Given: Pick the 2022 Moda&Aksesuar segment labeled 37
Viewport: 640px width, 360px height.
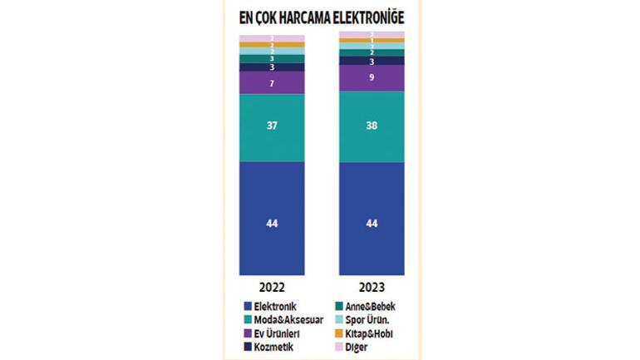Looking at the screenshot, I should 272,127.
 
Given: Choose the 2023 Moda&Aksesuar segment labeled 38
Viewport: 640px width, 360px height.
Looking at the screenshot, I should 372,126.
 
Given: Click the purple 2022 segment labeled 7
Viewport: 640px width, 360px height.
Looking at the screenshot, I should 272,83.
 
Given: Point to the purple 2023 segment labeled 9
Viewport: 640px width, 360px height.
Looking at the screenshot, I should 372,78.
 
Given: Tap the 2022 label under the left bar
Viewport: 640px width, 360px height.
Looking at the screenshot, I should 272,287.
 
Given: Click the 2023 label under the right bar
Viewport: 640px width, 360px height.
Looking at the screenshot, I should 372,287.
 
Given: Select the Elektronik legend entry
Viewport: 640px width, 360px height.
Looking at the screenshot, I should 273,306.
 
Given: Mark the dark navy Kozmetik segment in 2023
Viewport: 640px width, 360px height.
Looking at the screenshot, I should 372,61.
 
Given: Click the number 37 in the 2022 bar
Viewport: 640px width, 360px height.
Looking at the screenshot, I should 272,127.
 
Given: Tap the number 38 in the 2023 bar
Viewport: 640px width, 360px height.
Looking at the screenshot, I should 372,126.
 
